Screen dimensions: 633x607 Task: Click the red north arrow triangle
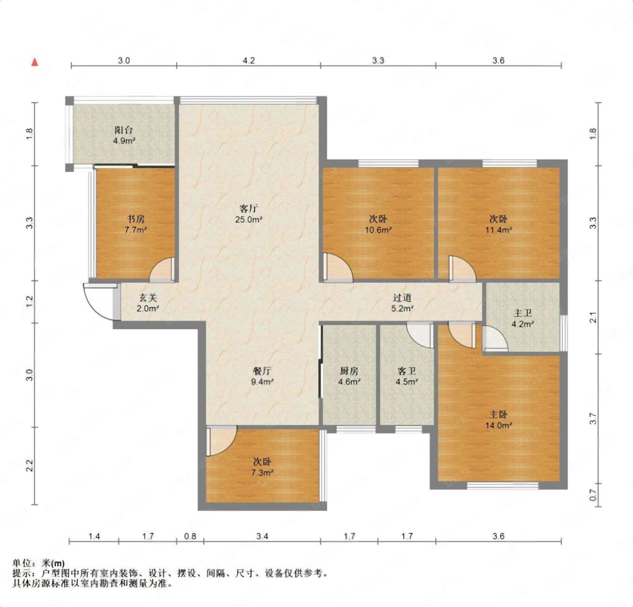click(35, 62)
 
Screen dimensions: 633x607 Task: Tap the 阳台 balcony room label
click(124, 130)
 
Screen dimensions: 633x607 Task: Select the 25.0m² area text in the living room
click(249, 219)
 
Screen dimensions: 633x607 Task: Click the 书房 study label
click(136, 219)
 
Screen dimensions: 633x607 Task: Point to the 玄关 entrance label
click(148, 298)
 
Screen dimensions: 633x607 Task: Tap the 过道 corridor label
click(402, 298)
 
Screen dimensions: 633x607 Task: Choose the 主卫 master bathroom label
click(523, 314)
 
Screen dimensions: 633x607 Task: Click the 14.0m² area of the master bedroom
click(499, 425)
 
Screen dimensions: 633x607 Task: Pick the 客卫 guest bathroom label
click(407, 371)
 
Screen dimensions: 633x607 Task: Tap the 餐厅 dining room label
click(262, 371)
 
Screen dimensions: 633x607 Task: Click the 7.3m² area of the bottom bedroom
click(262, 472)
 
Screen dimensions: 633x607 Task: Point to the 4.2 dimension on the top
click(249, 60)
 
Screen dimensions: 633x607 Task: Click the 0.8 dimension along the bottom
click(190, 536)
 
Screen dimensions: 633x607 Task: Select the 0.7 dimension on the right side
click(593, 494)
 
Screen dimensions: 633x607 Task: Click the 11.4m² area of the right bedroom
click(499, 230)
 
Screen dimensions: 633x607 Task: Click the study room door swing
click(162, 269)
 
